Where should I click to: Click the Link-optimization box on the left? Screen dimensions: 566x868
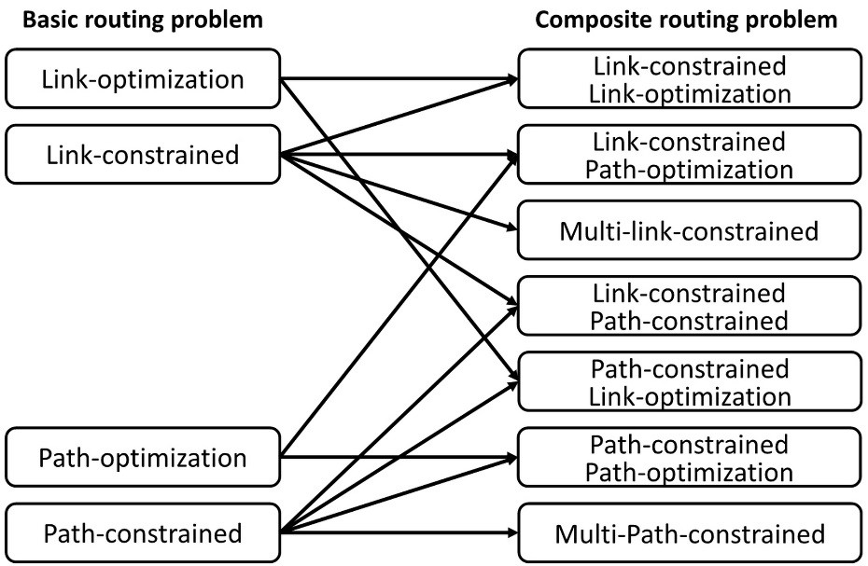pyautogui.click(x=143, y=79)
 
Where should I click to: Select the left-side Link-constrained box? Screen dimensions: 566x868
pyautogui.click(x=143, y=154)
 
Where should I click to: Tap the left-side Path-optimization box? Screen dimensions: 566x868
pyautogui.click(x=143, y=458)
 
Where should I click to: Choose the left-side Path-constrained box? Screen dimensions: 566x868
pyautogui.click(x=143, y=534)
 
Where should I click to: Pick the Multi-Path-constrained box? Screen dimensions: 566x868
pyautogui.click(x=689, y=534)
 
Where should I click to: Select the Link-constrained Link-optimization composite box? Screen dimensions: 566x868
pyautogui.click(x=689, y=79)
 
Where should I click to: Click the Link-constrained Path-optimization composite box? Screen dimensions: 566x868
pyautogui.click(x=689, y=155)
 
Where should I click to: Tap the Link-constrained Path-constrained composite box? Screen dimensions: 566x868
pyautogui.click(x=689, y=307)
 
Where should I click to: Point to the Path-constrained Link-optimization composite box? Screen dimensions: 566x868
pyautogui.click(x=689, y=382)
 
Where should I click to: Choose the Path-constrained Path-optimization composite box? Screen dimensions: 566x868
pyautogui.click(x=689, y=458)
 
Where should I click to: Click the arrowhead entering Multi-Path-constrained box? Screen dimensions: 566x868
pyautogui.click(x=511, y=534)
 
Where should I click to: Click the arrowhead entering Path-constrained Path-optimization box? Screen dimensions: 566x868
pyautogui.click(x=511, y=458)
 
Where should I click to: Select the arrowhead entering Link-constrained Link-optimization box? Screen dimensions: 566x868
pyautogui.click(x=511, y=79)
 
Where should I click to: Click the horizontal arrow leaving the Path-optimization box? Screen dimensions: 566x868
pyautogui.click(x=392, y=458)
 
